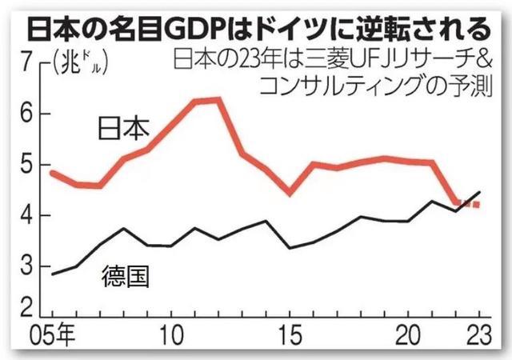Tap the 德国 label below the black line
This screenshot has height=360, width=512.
point(127,277)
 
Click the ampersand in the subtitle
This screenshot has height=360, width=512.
point(482,59)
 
